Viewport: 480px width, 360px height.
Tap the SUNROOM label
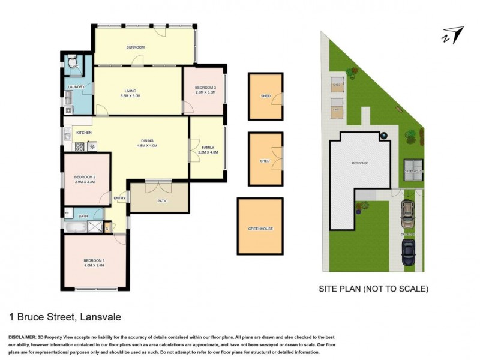(x=136, y=47)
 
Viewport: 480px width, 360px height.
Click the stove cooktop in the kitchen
(x=79, y=146)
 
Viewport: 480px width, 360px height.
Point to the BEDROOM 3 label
(x=205, y=88)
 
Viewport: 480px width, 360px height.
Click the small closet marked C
(x=107, y=228)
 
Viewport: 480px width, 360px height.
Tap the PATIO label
(x=162, y=202)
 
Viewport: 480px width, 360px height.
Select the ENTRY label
(x=120, y=199)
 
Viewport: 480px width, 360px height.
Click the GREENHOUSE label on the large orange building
(x=260, y=229)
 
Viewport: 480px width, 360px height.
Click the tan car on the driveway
(x=408, y=211)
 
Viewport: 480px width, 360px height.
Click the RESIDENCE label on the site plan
(x=360, y=163)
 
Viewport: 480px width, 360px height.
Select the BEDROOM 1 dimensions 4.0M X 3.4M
(x=95, y=264)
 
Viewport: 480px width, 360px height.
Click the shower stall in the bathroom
(x=94, y=227)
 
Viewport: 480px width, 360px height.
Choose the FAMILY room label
(x=208, y=148)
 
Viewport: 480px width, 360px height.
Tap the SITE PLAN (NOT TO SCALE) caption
(x=373, y=289)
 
